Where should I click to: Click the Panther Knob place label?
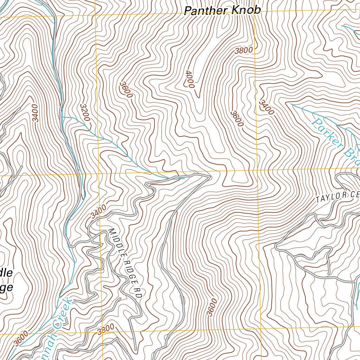(x=223, y=10)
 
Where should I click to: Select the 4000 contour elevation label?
(x=189, y=78)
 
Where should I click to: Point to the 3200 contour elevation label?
(x=85, y=112)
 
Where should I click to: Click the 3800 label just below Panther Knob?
(x=244, y=50)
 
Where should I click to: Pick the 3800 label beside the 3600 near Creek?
(x=106, y=329)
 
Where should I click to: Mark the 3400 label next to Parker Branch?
(x=266, y=108)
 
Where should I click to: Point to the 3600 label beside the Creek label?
(x=21, y=338)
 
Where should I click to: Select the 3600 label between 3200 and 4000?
(x=126, y=90)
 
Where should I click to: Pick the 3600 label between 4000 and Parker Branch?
(x=237, y=118)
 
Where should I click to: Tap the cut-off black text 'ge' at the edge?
(x=7, y=287)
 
